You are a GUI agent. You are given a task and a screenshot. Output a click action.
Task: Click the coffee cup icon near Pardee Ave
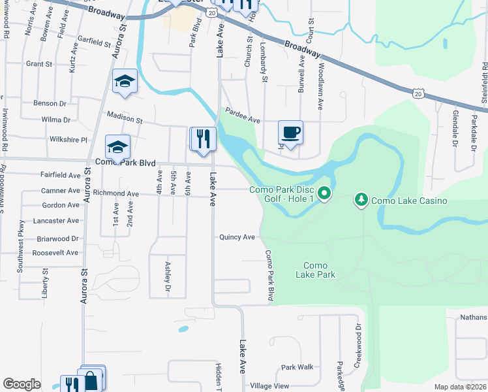(290, 133)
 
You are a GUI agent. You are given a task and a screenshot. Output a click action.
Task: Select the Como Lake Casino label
(409, 201)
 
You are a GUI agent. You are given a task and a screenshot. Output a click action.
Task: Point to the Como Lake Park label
(319, 270)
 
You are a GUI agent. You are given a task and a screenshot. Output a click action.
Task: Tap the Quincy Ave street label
(237, 237)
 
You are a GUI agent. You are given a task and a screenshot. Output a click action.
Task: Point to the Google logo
(22, 384)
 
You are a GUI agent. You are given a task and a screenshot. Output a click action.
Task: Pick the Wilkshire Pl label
(68, 140)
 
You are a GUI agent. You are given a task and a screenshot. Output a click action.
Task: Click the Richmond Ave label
(115, 193)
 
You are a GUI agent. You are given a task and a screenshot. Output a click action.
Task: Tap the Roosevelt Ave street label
(55, 253)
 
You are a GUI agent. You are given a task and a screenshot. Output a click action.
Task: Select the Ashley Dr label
(167, 276)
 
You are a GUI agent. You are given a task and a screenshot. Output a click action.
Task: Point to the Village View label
(269, 385)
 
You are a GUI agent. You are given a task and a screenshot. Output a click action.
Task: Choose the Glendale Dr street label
(455, 127)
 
